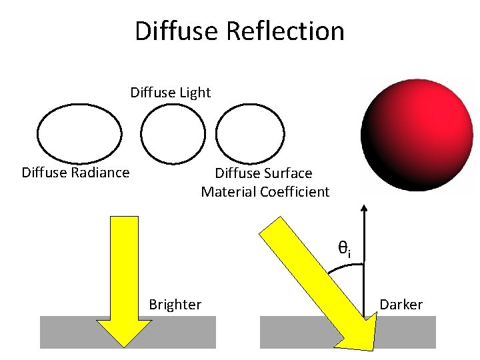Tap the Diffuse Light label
pyautogui.click(x=170, y=92)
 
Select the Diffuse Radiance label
pyautogui.click(x=75, y=173)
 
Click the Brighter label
pyautogui.click(x=175, y=305)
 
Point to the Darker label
pyautogui.click(x=401, y=305)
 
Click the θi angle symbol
pyautogui.click(x=343, y=250)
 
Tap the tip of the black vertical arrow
pyautogui.click(x=365, y=206)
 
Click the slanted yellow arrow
pyautogui.click(x=313, y=280)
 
